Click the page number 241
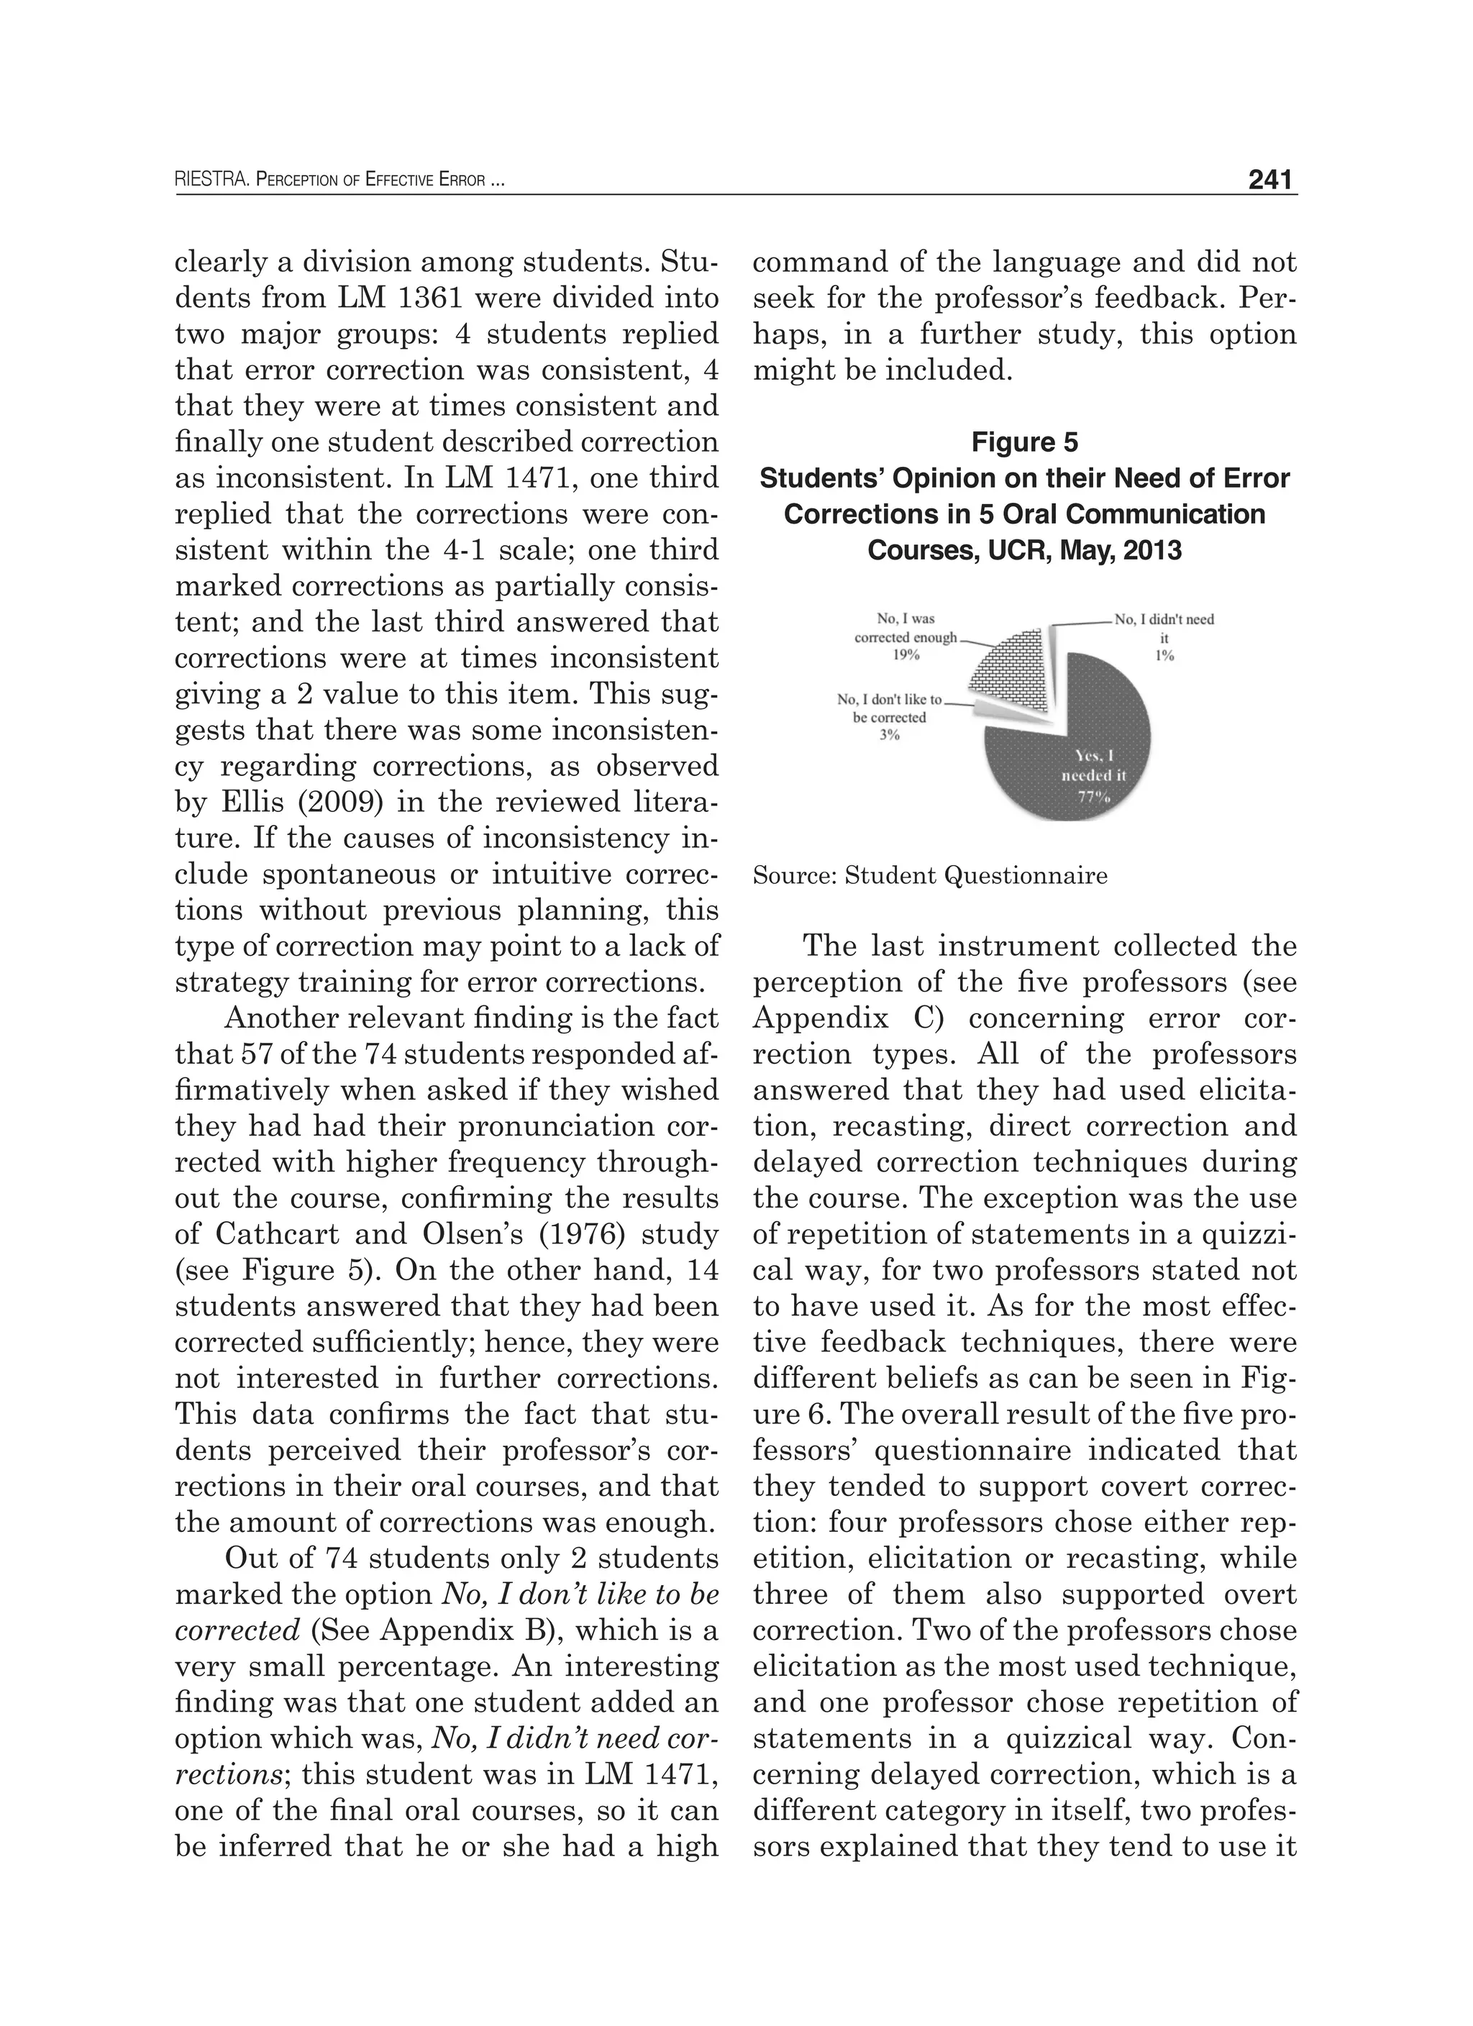click(x=1271, y=181)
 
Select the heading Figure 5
click(x=1025, y=442)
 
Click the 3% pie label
click(x=888, y=735)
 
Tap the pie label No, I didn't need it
click(x=1163, y=620)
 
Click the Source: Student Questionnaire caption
click(x=930, y=875)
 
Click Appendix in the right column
click(x=809, y=1018)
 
